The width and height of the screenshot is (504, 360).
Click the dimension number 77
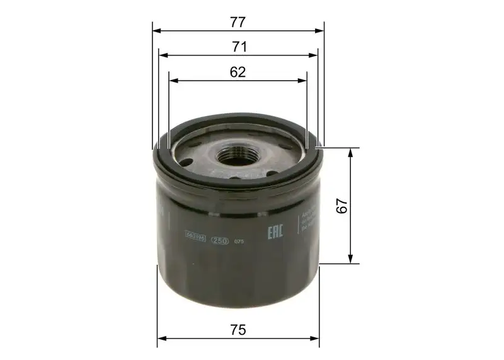[x=238, y=21]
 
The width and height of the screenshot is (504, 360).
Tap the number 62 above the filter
[x=237, y=72]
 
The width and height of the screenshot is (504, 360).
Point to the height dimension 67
[x=341, y=206]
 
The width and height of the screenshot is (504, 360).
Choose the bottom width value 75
[x=238, y=330]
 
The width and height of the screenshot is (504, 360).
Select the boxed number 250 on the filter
[x=219, y=240]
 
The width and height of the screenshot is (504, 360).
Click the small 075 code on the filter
[x=238, y=241]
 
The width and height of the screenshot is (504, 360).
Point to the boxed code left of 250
[x=196, y=238]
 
